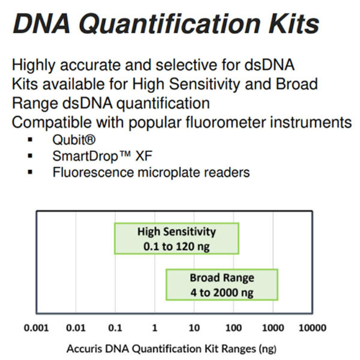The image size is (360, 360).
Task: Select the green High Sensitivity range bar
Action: pyautogui.click(x=176, y=238)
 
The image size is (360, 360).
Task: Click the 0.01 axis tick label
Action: pyautogui.click(x=77, y=329)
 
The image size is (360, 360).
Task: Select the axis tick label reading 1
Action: pyautogui.click(x=155, y=329)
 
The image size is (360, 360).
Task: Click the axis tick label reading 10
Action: pyautogui.click(x=194, y=329)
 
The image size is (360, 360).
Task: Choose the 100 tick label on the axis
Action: pyautogui.click(x=233, y=329)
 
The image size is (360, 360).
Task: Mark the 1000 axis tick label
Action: pyautogui.click(x=272, y=329)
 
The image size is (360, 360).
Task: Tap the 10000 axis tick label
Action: pyautogui.click(x=312, y=329)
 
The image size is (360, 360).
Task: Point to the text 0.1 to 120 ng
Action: pyautogui.click(x=176, y=246)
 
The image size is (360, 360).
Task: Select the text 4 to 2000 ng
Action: pyautogui.click(x=222, y=292)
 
